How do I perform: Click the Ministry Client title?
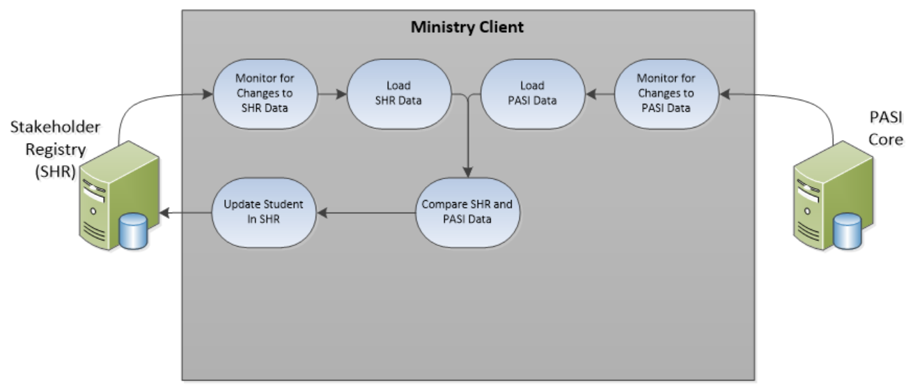pyautogui.click(x=467, y=28)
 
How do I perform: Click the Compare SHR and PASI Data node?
pyautogui.click(x=470, y=213)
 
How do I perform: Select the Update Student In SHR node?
pyautogui.click(x=264, y=213)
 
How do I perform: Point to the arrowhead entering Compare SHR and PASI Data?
pyautogui.click(x=468, y=173)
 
